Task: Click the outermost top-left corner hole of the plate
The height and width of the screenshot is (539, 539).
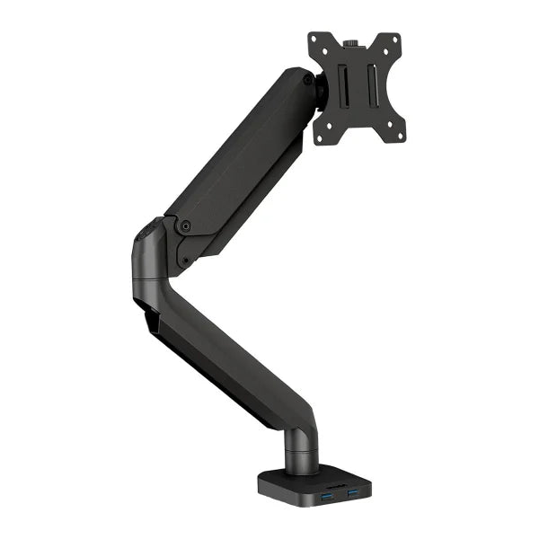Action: click(x=316, y=40)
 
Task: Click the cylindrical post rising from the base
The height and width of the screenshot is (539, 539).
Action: click(x=302, y=454)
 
